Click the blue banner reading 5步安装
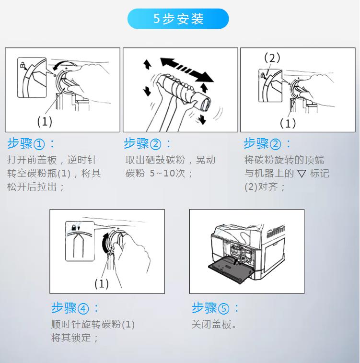point(178,19)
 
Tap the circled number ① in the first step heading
point(39,144)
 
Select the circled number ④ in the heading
point(83,309)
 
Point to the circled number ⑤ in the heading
point(223,309)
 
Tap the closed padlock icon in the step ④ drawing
point(74,228)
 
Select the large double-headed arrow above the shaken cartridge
point(186,70)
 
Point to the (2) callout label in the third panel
point(272,58)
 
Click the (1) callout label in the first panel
point(45,121)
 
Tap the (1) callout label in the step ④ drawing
point(102,283)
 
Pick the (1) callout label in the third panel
point(288,123)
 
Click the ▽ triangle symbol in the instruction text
point(302,174)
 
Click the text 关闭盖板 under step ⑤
point(211,325)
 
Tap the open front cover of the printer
point(229,269)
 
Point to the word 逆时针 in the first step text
point(82,160)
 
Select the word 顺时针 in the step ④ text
point(66,325)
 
